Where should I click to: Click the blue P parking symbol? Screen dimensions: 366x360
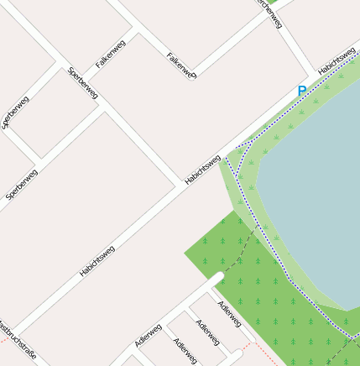[x=302, y=91]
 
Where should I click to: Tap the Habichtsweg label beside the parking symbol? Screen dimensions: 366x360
[x=337, y=58]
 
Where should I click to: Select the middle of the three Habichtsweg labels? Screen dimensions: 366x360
[x=203, y=170]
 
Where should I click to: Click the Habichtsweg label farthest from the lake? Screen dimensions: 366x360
[x=97, y=261]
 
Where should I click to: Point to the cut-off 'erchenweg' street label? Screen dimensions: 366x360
[x=270, y=12]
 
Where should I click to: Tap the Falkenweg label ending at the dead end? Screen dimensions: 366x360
[x=181, y=66]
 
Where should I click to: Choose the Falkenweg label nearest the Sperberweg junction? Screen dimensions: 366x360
[x=111, y=52]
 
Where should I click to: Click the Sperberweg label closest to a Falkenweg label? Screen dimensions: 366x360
[x=82, y=82]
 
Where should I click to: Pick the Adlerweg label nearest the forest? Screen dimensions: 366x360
[x=229, y=313]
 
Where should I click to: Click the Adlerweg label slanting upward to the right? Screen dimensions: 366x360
[x=148, y=335]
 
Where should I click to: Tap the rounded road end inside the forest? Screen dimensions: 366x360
[x=217, y=276]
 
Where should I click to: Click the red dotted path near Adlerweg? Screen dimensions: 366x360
[x=266, y=352]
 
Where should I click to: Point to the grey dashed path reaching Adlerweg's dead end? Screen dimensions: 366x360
[x=238, y=252]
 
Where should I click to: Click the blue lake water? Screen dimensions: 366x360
[x=319, y=185]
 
